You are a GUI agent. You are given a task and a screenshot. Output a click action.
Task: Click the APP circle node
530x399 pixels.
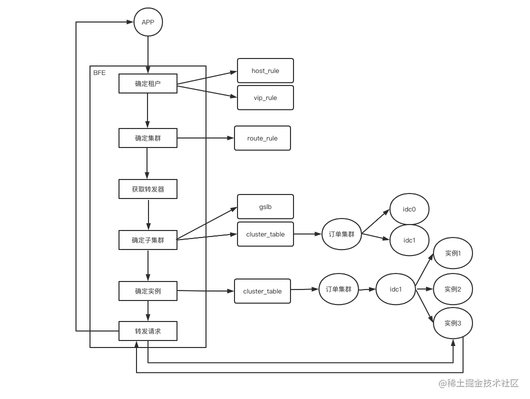148,22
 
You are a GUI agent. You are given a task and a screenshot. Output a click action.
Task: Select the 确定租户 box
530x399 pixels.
147,83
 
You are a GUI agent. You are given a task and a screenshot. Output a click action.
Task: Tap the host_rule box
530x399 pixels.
265,71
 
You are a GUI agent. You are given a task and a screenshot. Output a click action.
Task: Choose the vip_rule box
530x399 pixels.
265,98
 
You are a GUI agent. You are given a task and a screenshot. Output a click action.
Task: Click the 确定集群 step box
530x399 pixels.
147,138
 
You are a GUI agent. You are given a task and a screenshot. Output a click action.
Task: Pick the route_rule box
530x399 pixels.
262,138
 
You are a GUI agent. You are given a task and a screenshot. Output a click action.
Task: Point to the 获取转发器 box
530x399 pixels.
147,189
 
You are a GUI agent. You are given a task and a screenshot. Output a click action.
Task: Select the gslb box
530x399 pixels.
265,207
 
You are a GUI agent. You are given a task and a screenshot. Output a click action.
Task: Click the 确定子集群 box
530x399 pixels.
147,240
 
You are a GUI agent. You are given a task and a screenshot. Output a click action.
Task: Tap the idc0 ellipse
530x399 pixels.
409,209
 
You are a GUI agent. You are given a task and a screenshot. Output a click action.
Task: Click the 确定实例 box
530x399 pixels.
147,291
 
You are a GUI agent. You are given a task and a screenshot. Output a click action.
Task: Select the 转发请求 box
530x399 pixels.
147,331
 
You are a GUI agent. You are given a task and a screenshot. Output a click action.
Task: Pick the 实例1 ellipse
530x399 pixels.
452,253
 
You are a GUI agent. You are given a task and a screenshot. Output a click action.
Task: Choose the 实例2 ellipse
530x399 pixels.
452,289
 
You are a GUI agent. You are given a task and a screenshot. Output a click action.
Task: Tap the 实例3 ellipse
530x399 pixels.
452,323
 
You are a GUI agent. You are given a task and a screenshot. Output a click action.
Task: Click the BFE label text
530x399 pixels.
99,73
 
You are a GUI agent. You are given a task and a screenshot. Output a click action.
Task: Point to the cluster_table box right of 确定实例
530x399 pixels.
262,291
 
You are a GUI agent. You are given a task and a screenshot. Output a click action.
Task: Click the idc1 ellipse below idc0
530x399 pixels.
409,240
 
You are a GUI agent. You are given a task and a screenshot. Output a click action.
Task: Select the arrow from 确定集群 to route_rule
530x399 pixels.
205,138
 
